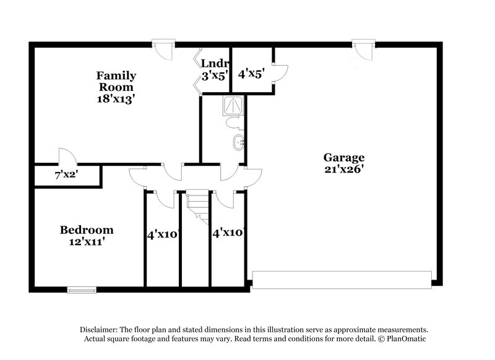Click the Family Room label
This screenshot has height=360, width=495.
tap(116, 81)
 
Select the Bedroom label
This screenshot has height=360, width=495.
tap(87, 230)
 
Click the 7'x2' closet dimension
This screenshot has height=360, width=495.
tap(66, 176)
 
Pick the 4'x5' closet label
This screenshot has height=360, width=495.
tap(252, 73)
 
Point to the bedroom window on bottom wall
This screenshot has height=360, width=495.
tap(82, 289)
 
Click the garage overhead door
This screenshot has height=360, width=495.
tap(343, 280)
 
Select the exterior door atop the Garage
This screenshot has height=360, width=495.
tap(363, 49)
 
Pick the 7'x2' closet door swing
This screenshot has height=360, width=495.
tap(65, 158)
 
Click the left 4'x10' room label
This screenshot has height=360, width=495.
tap(163, 234)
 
